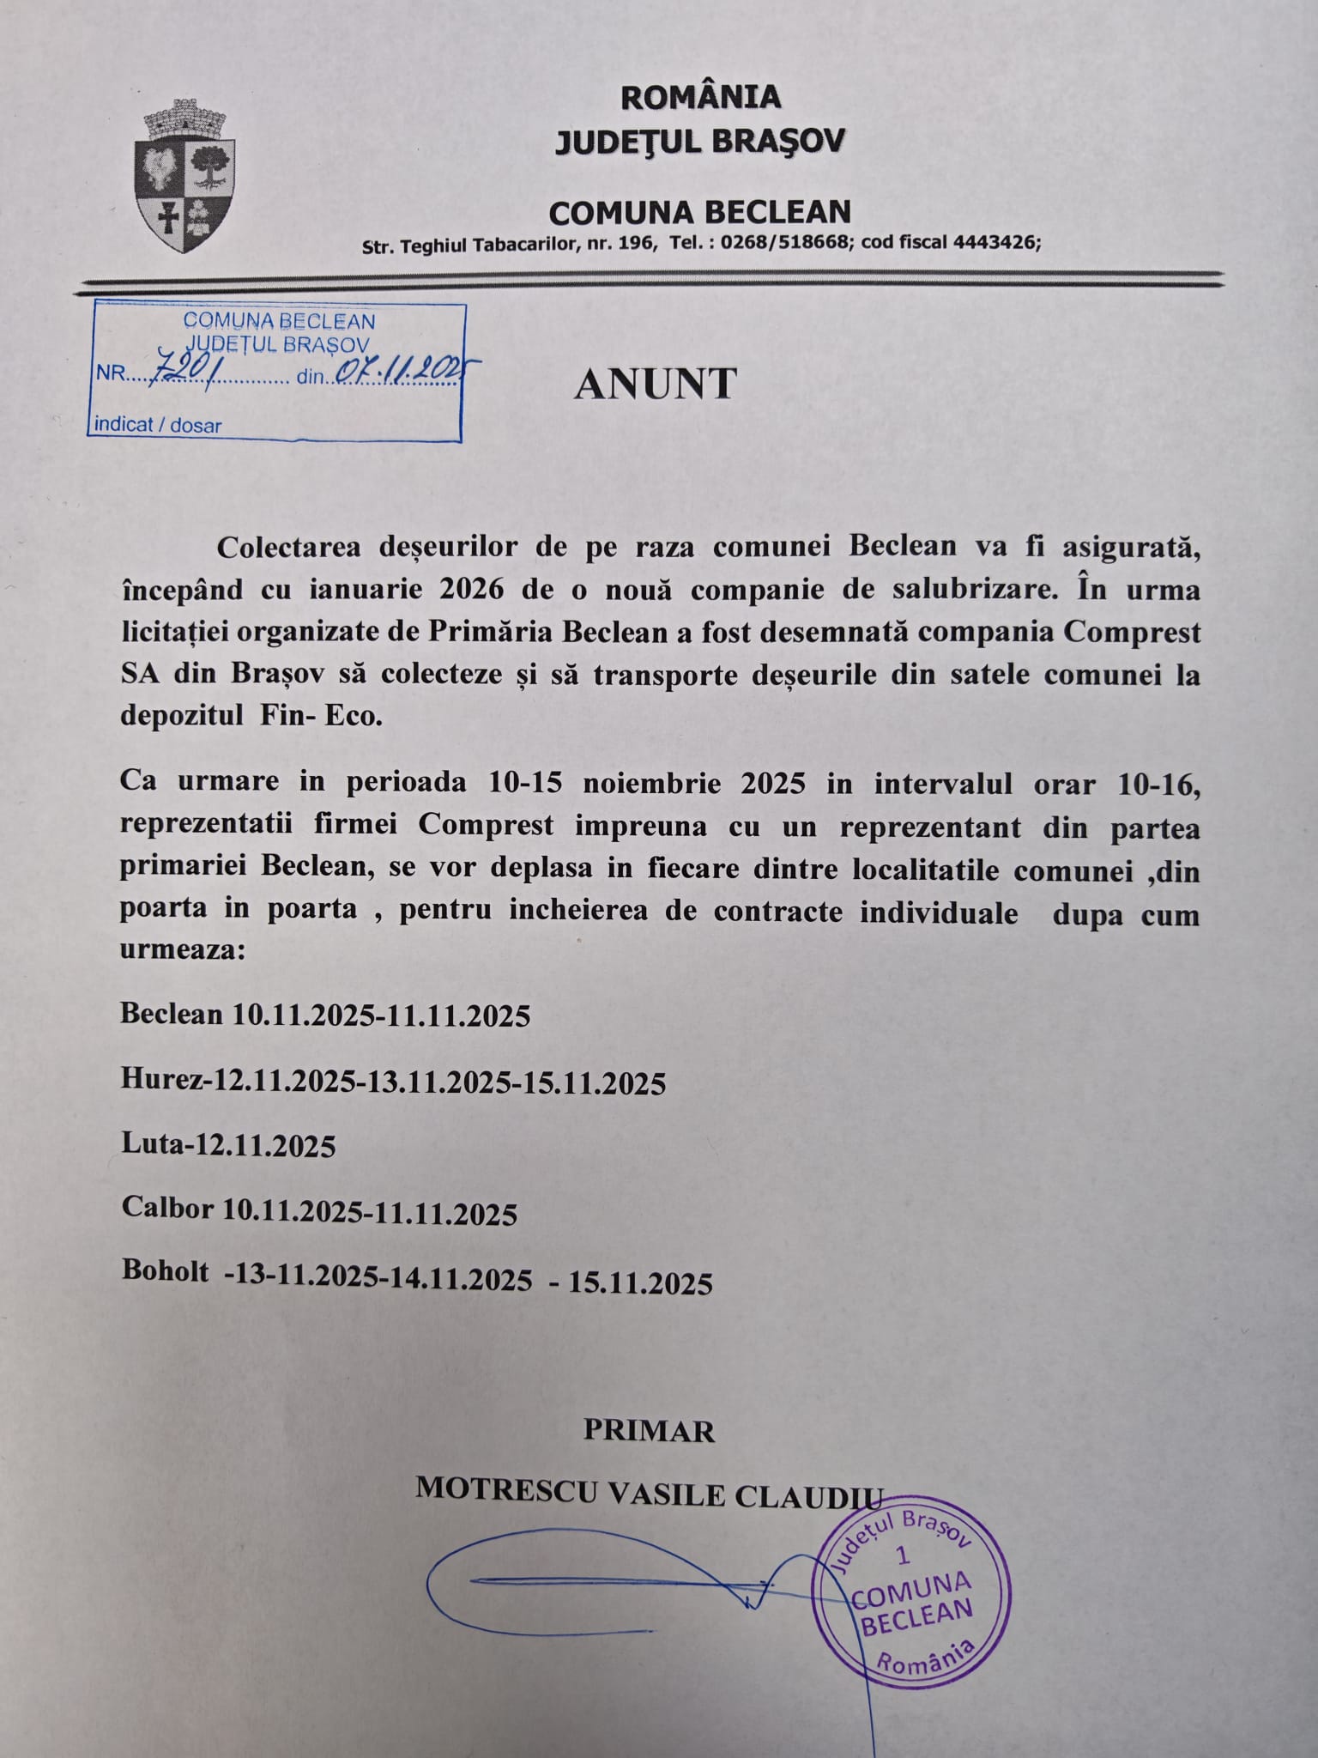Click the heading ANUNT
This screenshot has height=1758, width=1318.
pyautogui.click(x=655, y=384)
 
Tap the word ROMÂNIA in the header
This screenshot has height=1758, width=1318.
pyautogui.click(x=700, y=97)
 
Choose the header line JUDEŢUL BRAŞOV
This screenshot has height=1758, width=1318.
pyautogui.click(x=699, y=142)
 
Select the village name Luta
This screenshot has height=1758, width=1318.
pyautogui.click(x=155, y=1144)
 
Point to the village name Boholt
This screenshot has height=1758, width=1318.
pyautogui.click(x=166, y=1271)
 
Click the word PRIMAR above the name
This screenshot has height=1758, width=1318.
pyautogui.click(x=649, y=1431)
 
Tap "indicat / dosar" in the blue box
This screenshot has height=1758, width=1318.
pyautogui.click(x=158, y=425)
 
